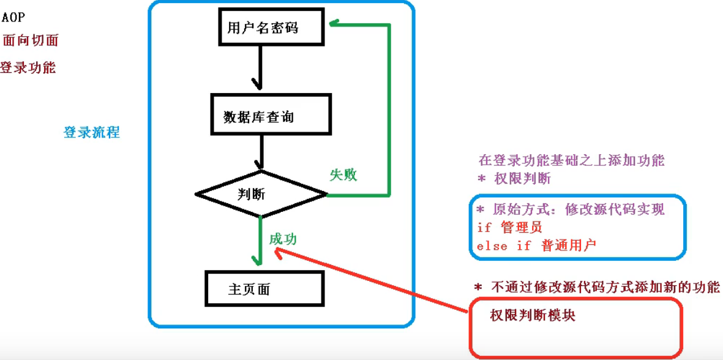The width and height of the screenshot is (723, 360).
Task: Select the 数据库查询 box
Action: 271,115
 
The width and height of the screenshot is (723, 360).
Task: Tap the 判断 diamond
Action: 261,194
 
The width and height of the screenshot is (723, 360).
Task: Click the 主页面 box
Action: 263,289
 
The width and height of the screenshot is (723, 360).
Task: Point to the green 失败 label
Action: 343,175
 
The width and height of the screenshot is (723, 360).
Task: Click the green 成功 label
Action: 283,239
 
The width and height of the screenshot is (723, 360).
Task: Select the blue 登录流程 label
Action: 92,132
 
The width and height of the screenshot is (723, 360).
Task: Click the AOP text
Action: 13,17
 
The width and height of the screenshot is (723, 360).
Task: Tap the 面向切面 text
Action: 31,41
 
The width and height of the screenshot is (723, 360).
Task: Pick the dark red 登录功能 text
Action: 28,68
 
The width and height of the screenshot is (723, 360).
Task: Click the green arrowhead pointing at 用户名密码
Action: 334,24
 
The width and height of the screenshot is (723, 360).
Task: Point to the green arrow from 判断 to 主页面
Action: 260,241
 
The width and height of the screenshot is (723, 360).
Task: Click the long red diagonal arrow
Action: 380,279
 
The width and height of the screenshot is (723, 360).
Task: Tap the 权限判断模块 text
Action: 533,316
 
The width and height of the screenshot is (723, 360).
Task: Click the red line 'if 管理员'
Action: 509,228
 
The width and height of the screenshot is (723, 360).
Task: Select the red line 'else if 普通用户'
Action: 536,246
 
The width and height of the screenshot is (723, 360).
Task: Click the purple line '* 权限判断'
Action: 514,179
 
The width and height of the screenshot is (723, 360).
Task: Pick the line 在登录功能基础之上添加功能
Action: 571,161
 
